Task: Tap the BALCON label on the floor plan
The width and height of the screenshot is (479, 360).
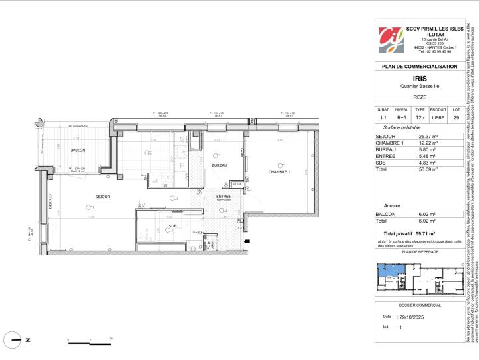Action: pyautogui.click(x=78, y=150)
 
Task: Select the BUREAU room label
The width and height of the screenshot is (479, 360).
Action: pyautogui.click(x=219, y=165)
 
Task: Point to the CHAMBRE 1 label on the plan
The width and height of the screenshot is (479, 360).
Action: pyautogui.click(x=279, y=171)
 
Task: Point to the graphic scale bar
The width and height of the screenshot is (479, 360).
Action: pyautogui.click(x=90, y=342)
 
